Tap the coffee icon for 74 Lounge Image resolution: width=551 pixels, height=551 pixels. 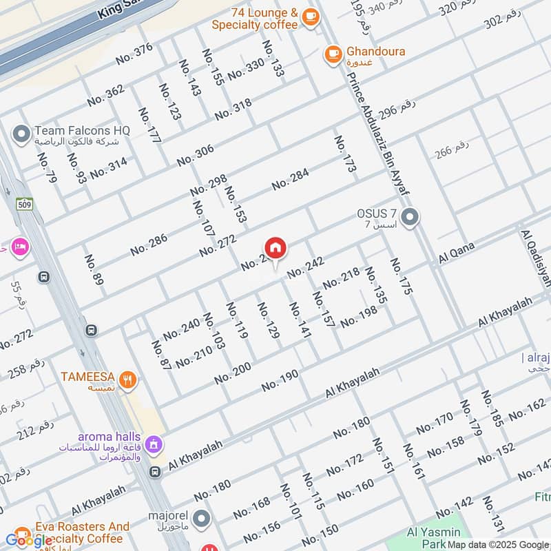coord(310,17)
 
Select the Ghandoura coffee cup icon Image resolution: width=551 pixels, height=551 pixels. coord(333,52)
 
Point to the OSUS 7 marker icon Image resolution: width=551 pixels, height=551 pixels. coord(410,218)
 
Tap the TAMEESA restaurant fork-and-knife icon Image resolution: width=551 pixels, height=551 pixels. coord(127,378)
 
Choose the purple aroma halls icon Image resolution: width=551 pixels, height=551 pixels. coord(154,444)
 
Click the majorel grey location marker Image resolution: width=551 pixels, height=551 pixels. coord(201,519)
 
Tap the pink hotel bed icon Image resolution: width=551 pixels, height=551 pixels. coord(19,246)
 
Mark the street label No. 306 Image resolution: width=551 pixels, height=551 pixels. coord(195,155)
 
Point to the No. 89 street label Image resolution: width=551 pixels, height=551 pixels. coord(94,271)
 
